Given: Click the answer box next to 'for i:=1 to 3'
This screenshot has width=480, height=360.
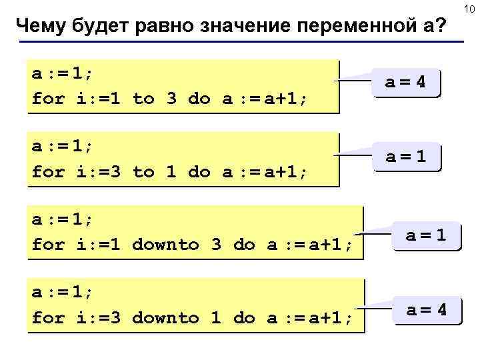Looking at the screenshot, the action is pyautogui.click(x=407, y=83).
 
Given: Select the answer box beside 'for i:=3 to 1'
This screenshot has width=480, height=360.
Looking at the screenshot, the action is pyautogui.click(x=407, y=157).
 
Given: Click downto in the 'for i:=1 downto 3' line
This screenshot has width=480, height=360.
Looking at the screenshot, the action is pyautogui.click(x=165, y=245).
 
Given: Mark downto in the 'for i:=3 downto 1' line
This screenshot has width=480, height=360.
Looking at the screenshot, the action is pyautogui.click(x=165, y=318).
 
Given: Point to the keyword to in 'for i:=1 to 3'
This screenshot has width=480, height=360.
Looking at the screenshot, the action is pyautogui.click(x=143, y=99).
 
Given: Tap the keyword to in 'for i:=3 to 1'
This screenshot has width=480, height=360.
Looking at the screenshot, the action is pyautogui.click(x=143, y=172).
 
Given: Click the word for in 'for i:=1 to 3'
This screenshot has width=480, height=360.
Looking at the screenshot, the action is pyautogui.click(x=48, y=99).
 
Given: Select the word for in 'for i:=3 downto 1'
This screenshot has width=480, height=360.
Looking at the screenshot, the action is pyautogui.click(x=48, y=318).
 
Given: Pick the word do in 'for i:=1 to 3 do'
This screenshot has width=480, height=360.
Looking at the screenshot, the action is pyautogui.click(x=199, y=99).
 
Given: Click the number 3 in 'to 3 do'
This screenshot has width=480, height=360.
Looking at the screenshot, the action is pyautogui.click(x=171, y=99).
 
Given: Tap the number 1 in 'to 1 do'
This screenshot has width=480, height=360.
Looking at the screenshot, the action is pyautogui.click(x=171, y=172).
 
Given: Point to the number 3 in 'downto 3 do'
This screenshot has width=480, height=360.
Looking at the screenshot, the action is pyautogui.click(x=216, y=245).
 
